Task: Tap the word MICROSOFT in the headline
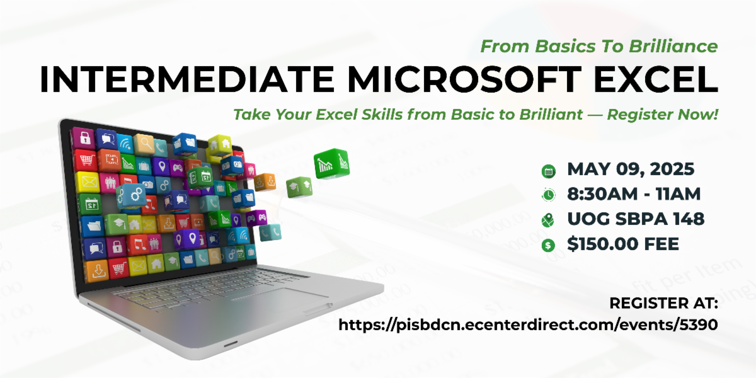[x=464, y=79]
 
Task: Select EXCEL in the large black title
[x=656, y=79]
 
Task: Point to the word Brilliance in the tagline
[x=673, y=46]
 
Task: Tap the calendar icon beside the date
[x=549, y=171]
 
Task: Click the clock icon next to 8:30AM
[x=549, y=195]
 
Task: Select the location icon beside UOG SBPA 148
[x=547, y=220]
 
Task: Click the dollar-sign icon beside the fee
[x=548, y=245]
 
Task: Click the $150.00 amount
[x=602, y=244]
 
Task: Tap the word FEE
[x=661, y=244]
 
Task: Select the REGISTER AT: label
[x=663, y=303]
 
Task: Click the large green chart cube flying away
[x=331, y=163]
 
